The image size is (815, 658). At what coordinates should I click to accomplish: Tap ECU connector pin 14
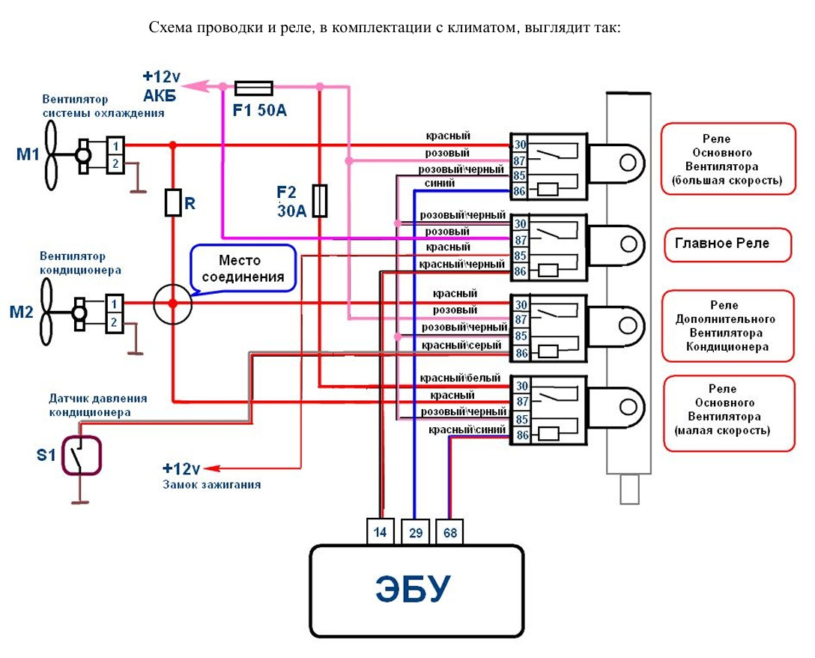click(380, 531)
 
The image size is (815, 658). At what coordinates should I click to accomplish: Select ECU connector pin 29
click(416, 531)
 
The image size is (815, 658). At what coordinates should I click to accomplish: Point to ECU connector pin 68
click(449, 531)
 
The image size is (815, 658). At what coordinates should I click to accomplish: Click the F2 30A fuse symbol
click(320, 201)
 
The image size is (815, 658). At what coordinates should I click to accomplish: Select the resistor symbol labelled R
click(173, 202)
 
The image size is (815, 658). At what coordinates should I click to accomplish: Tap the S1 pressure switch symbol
click(81, 455)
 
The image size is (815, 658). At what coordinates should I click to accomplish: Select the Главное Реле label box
click(728, 244)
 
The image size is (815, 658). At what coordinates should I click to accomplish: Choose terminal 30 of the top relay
click(520, 145)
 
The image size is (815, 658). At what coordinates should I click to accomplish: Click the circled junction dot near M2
click(173, 304)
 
